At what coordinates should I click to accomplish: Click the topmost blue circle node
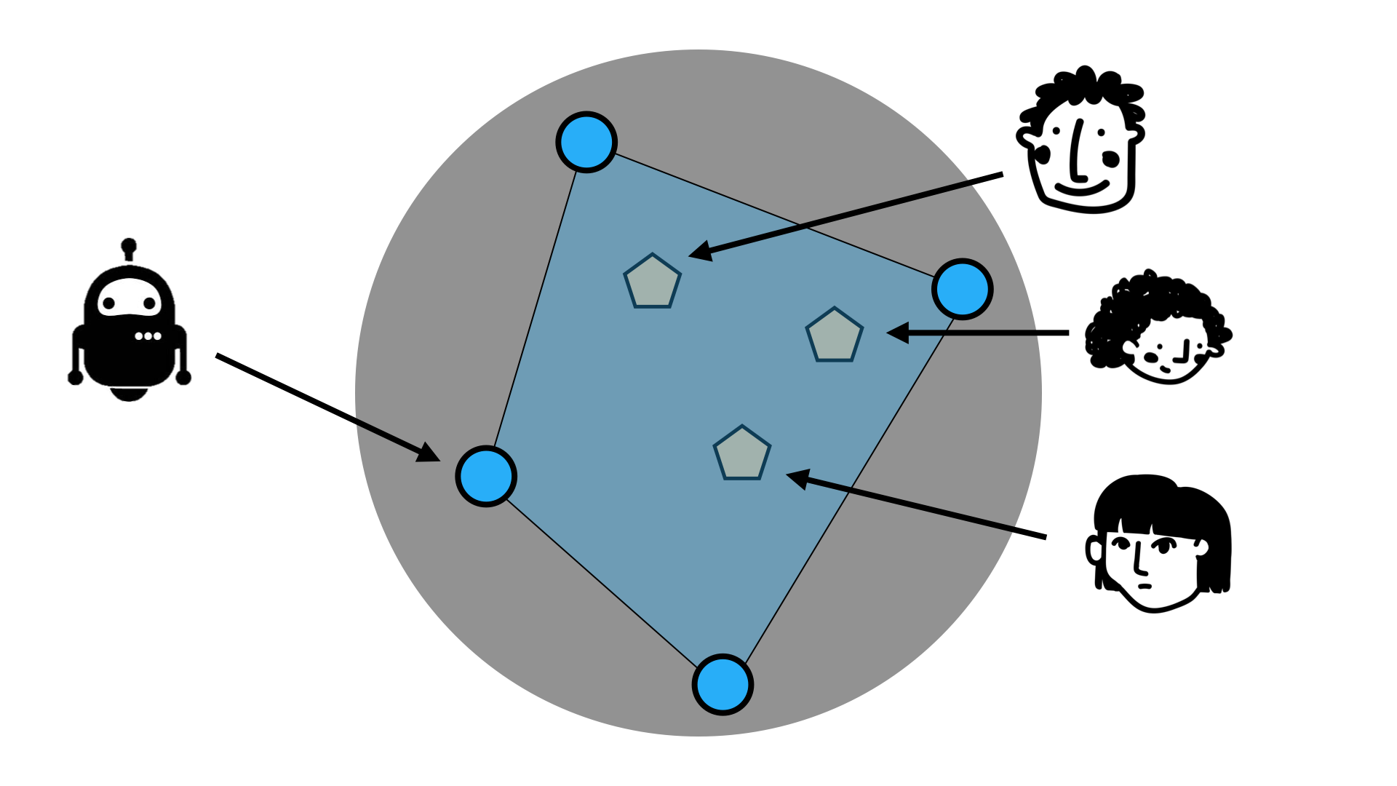click(586, 142)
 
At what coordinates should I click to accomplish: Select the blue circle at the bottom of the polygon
click(723, 685)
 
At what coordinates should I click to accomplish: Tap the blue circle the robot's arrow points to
click(486, 476)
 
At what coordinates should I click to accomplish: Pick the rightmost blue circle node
click(963, 289)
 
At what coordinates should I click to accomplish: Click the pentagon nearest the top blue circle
click(653, 282)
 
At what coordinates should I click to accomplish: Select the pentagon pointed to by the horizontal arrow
click(835, 336)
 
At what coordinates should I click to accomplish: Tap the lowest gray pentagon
click(741, 454)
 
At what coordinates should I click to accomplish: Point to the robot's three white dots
click(148, 336)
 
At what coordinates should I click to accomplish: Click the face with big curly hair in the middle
click(1157, 327)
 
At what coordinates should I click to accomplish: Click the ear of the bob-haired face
click(1094, 550)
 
